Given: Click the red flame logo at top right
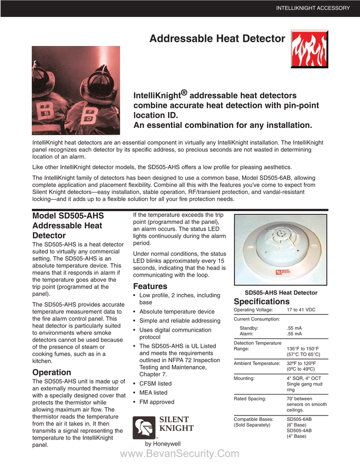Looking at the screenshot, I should coord(309,50).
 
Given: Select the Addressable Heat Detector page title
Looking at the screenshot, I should coord(217,39).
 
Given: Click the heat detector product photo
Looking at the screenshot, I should coord(281,250).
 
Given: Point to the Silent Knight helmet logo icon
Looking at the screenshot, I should coord(143,428).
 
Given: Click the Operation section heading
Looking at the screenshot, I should coord(51,372).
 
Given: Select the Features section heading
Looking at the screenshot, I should coord(150,286).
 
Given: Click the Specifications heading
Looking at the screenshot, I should coord(261,302).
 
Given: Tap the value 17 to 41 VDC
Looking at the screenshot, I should coord(301,310).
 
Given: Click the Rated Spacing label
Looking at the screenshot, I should coord(250,399).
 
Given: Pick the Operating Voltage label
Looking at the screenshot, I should coord(253,310).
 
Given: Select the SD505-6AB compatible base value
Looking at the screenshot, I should coord(299,419).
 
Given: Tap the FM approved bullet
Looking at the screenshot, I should coord(157,402).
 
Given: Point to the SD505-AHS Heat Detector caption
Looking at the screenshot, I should coord(281,293).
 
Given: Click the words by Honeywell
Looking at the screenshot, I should coord(162,444).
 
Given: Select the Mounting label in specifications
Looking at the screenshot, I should coord(244,378).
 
